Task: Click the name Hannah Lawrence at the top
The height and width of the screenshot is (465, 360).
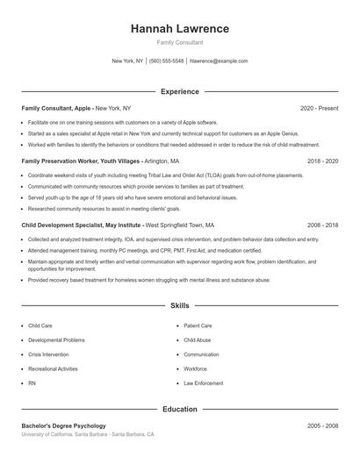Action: pos(179,29)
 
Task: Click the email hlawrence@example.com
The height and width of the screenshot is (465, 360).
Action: pos(219,61)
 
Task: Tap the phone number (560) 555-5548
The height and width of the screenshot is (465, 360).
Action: pos(166,61)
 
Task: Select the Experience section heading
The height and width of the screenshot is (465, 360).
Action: pos(179,91)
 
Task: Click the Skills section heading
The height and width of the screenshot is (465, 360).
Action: pos(179,306)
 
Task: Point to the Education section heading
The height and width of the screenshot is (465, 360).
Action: pos(179,409)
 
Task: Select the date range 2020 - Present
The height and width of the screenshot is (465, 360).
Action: pos(319,108)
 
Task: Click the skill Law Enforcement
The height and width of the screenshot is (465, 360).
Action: pos(203,383)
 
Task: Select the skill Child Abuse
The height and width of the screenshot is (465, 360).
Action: pos(198,340)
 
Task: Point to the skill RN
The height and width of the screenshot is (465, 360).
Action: pos(32,383)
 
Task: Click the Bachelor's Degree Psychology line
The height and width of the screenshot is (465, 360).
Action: pos(63,426)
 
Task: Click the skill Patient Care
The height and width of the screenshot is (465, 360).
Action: pos(198,325)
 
